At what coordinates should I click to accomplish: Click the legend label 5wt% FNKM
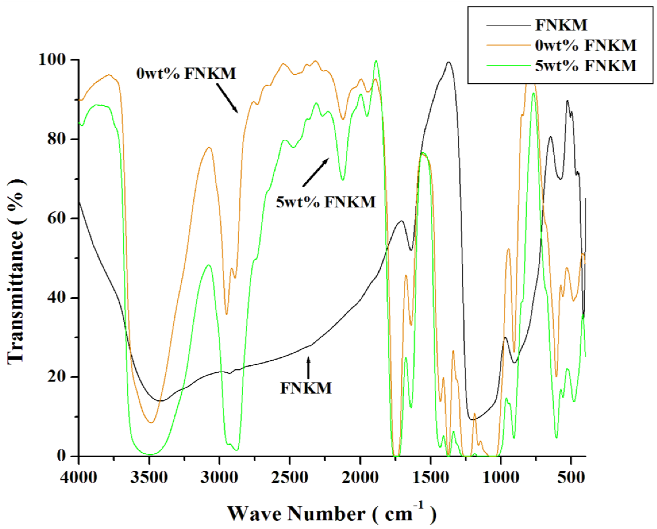pyautogui.click(x=586, y=65)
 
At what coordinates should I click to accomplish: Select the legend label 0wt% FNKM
pyautogui.click(x=586, y=45)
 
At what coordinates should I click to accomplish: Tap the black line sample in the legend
pyautogui.click(x=508, y=25)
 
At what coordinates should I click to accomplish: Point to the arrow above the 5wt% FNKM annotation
pyautogui.click(x=316, y=172)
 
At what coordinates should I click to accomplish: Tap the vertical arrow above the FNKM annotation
pyautogui.click(x=308, y=367)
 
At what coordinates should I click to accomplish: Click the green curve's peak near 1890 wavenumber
pyautogui.click(x=376, y=61)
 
